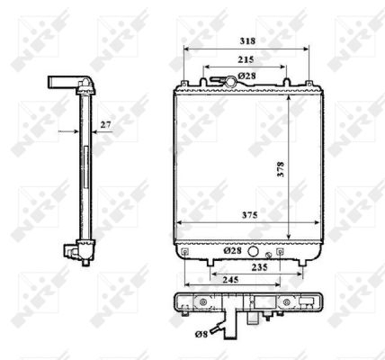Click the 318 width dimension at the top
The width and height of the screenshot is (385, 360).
tap(246, 41)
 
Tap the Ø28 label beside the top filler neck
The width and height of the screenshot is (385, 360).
tap(248, 77)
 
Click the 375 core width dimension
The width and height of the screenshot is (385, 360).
tap(241, 216)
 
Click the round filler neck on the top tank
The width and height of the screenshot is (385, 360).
tap(230, 83)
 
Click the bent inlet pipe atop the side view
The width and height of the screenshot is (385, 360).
tap(69, 85)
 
